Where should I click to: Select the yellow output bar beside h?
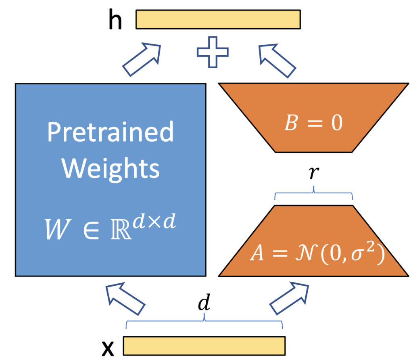coord(218,19)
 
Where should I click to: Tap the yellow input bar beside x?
coord(204,346)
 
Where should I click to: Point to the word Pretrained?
coord(110,132)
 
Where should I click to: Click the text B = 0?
coord(313,124)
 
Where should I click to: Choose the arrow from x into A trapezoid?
coord(289,299)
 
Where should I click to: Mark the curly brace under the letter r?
coord(314,196)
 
